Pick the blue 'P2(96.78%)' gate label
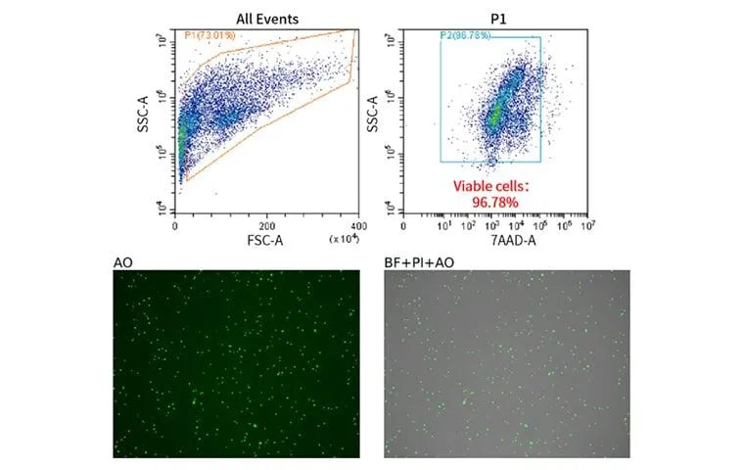pyautogui.click(x=465, y=36)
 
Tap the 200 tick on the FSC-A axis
pyautogui.click(x=265, y=225)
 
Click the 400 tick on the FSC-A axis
pyautogui.click(x=356, y=225)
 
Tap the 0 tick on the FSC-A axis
pyautogui.click(x=175, y=225)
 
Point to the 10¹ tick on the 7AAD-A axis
pyautogui.click(x=442, y=225)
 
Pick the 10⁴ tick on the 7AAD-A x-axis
pyautogui.click(x=515, y=225)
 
